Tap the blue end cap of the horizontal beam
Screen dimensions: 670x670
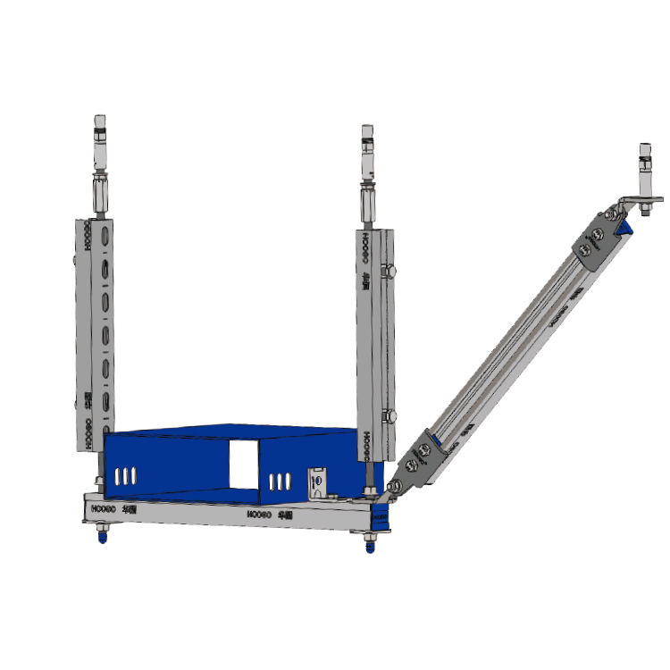click(382, 515)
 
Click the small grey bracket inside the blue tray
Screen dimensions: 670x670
click(317, 483)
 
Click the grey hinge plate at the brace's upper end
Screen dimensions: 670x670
click(594, 239)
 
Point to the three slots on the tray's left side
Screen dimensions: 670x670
click(126, 474)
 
